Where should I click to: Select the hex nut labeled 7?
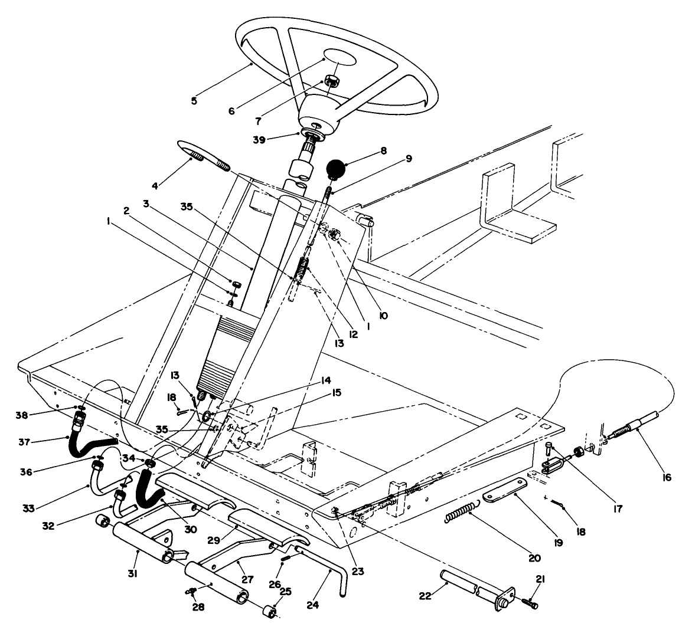(x=331, y=82)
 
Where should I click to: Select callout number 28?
(x=198, y=606)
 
